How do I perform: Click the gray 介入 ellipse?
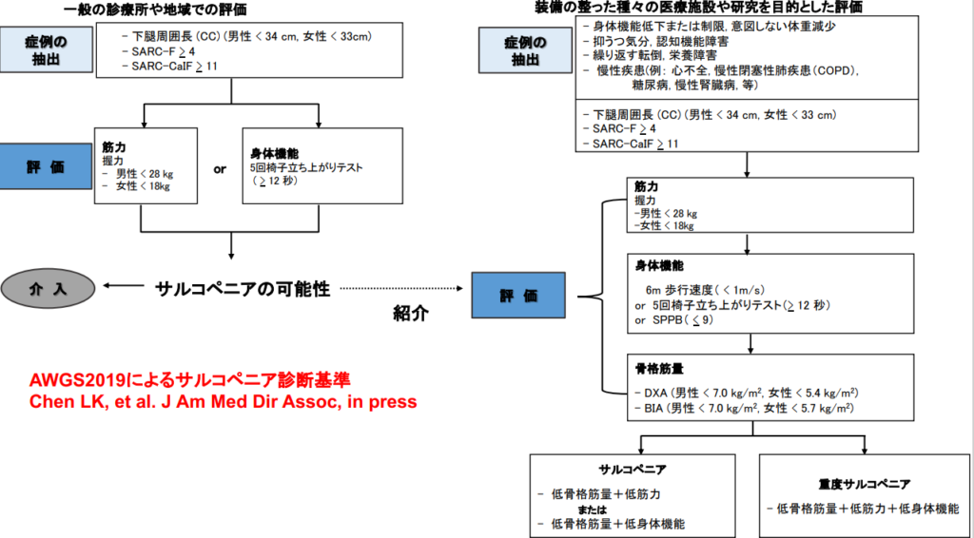coord(48,289)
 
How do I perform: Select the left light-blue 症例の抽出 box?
coord(46,49)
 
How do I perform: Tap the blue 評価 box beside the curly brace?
coord(518,295)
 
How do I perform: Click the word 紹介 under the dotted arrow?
coord(411,313)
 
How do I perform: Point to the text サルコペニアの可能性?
coord(243,289)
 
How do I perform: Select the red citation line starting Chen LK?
coord(223,401)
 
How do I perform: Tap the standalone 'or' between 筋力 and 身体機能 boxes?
coord(220,169)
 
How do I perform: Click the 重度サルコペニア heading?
coord(864,484)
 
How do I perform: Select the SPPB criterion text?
coord(674,320)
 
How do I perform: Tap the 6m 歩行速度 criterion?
coord(705,290)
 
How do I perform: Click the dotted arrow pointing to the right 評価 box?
coord(401,289)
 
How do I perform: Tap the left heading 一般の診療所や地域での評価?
coord(155,9)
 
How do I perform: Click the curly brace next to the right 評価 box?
coord(604,297)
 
